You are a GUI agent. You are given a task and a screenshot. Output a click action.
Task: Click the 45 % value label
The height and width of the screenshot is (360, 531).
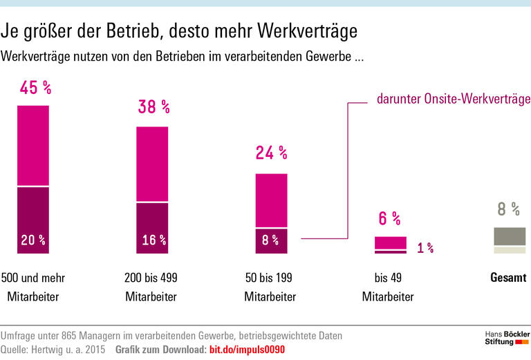36,88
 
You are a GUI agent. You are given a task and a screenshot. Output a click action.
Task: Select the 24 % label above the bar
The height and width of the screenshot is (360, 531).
271,153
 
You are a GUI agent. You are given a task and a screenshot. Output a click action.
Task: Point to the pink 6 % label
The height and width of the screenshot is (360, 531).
390,218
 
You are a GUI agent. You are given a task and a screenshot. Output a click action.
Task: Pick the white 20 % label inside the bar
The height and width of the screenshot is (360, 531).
33,240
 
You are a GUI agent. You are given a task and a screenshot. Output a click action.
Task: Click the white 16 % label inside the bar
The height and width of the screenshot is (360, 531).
153,240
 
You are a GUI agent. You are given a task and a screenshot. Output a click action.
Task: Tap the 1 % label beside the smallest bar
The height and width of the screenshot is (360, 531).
425,248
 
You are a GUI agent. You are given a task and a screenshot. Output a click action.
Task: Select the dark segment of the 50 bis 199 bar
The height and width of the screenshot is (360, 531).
271,241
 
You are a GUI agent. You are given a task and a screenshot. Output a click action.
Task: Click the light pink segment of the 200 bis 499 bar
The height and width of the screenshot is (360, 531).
152,164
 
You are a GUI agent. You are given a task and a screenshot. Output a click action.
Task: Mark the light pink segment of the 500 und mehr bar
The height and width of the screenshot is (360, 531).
33,146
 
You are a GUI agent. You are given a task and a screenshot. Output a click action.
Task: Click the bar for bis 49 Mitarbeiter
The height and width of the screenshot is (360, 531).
391,245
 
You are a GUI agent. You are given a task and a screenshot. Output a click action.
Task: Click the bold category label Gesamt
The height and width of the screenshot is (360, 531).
508,278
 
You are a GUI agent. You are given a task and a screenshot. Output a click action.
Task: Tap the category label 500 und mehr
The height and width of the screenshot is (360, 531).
33,278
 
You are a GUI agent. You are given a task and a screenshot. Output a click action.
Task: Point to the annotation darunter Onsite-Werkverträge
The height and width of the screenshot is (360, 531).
453,99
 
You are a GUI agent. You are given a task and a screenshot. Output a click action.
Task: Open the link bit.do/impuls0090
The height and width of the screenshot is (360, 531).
247,350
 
